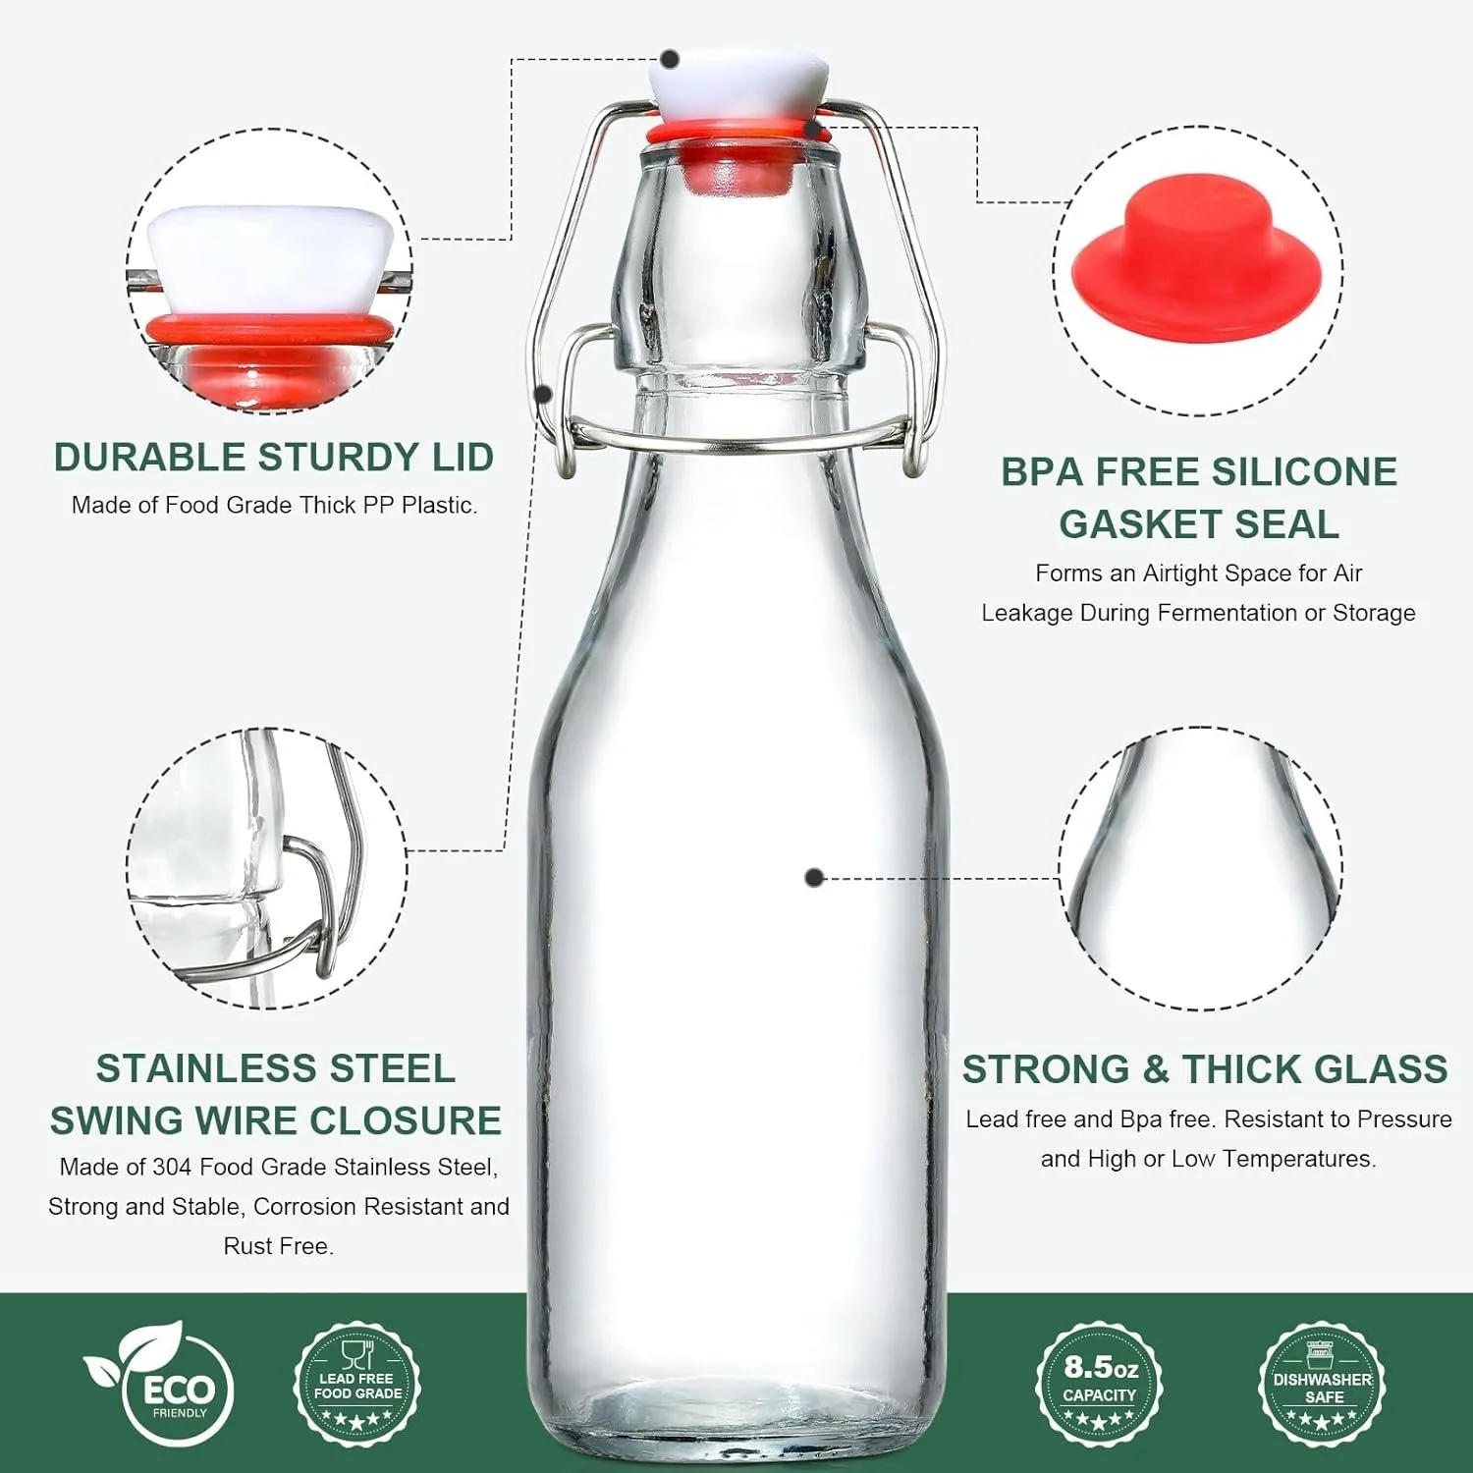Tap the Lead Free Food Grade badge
[357, 1385]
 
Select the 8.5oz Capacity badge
[1100, 1384]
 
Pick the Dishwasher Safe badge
[1322, 1385]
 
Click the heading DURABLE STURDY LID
[273, 458]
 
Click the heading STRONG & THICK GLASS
[1205, 1069]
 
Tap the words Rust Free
[278, 1246]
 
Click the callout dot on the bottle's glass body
[813, 877]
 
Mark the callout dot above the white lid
[671, 59]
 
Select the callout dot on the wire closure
[543, 393]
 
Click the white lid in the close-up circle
[270, 257]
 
